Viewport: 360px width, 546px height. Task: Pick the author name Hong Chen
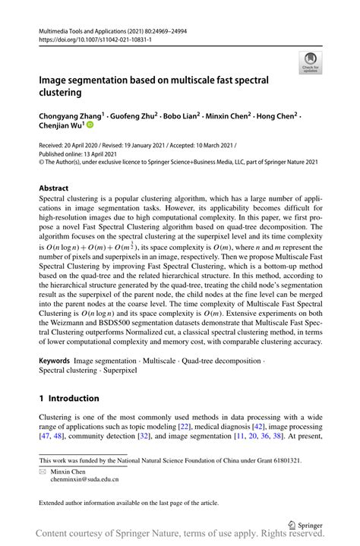coord(278,117)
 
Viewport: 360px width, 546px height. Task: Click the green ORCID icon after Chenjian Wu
coord(90,128)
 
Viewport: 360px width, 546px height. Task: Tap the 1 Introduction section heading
coord(69,398)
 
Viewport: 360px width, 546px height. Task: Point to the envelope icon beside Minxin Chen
coord(43,472)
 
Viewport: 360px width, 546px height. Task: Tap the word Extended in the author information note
coord(55,502)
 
